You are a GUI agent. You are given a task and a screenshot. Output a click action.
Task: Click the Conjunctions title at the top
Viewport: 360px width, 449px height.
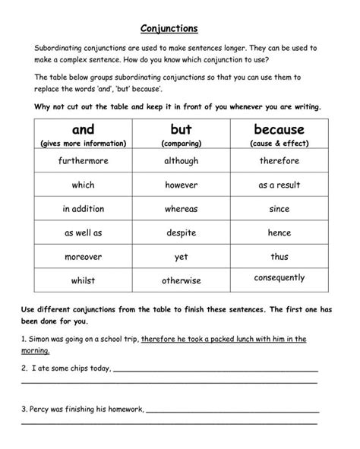(169, 29)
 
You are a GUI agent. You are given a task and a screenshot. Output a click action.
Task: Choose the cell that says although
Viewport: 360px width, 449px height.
(182, 161)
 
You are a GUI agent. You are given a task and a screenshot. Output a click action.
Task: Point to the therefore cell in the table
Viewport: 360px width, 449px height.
(279, 161)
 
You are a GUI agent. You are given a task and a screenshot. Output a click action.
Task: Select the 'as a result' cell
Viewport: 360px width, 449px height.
(279, 185)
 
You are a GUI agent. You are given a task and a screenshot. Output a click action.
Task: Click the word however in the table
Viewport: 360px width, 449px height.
(182, 185)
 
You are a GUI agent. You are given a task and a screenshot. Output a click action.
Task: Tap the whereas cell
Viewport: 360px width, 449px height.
(182, 209)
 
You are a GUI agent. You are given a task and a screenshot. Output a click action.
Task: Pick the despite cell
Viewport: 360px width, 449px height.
(182, 232)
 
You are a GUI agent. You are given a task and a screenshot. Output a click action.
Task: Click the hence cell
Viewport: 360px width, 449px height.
(279, 232)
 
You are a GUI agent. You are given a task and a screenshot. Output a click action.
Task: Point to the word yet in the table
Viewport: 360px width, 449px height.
(182, 257)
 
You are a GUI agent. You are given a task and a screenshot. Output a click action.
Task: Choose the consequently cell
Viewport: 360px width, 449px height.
(279, 278)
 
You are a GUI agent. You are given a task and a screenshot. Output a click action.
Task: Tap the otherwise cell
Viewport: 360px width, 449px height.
(182, 281)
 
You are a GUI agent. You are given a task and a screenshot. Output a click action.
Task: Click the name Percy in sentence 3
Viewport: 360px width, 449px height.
(58, 409)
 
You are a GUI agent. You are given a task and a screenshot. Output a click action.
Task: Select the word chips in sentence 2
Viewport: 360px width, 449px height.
(75, 368)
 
